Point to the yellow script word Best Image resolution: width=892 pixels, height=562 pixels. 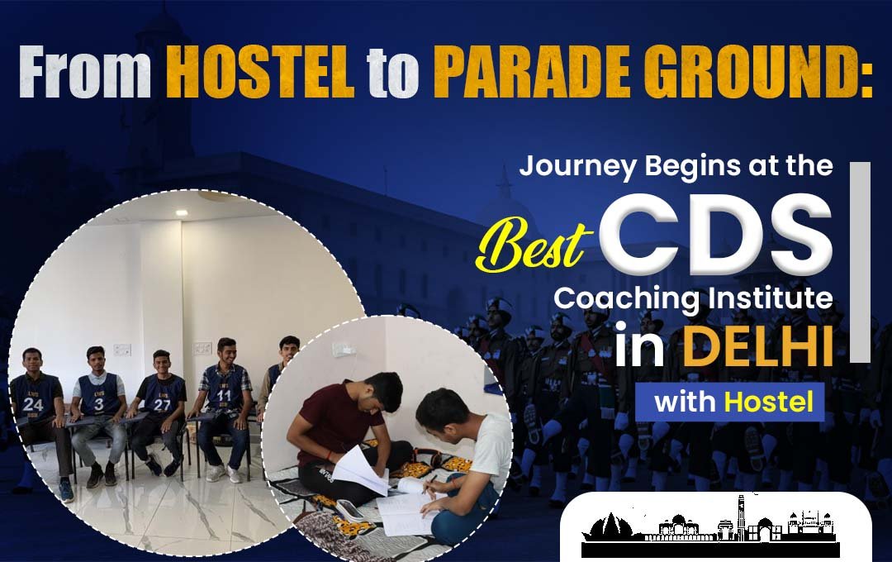click(531, 245)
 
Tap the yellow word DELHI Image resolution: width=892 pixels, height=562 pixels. click(757, 345)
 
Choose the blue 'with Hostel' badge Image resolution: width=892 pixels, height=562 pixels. click(730, 402)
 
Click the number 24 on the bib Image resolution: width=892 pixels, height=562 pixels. click(32, 403)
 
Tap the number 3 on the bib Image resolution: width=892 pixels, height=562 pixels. click(99, 403)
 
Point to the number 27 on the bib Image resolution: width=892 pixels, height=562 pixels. click(162, 405)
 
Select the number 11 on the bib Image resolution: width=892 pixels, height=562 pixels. click(224, 395)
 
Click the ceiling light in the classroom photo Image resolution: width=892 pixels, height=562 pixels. click(182, 212)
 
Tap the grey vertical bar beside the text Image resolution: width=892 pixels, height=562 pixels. click(860, 263)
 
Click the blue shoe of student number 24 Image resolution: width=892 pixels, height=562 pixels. click(66, 490)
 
